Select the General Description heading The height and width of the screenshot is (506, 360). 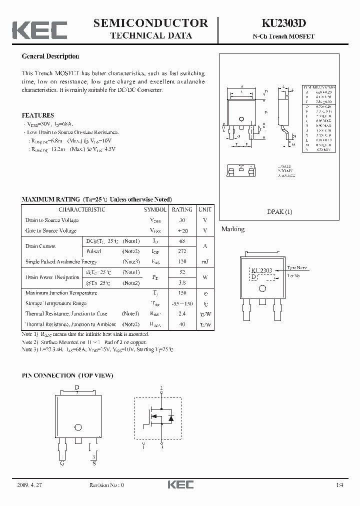click(50, 56)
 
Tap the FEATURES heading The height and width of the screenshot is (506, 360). click(38, 115)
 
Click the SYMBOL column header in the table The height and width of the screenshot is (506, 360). click(155, 209)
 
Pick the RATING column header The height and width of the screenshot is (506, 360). click(182, 209)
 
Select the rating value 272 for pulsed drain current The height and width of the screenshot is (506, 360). click(182, 251)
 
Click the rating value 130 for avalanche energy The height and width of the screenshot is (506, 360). click(182, 262)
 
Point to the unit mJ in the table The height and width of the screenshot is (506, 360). click(204, 262)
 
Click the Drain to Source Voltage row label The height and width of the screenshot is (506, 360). click(52, 220)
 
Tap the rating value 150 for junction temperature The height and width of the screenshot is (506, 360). click(182, 293)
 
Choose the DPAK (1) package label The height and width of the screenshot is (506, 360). click(279, 211)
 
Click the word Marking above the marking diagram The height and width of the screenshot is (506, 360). click(233, 229)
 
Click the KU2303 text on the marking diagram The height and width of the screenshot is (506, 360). click(261, 270)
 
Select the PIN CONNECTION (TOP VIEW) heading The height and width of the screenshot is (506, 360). click(67, 375)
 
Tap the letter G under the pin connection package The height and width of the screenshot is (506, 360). click(62, 463)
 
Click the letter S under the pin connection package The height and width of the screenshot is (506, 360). click(93, 463)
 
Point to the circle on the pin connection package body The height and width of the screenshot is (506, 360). click(78, 426)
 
